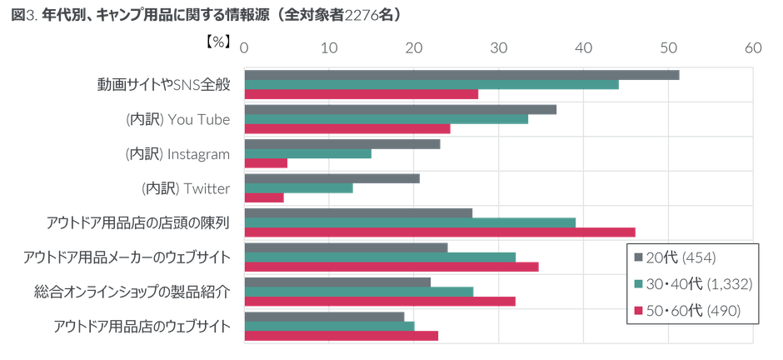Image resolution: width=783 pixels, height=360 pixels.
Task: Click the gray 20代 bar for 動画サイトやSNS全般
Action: (x=461, y=76)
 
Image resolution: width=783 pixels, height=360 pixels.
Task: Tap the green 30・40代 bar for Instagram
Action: (x=309, y=153)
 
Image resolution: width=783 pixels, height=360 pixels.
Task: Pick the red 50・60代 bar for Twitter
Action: (x=265, y=198)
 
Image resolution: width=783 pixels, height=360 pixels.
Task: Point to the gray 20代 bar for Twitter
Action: (x=332, y=177)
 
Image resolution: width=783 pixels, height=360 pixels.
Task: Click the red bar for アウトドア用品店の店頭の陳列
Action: (x=441, y=232)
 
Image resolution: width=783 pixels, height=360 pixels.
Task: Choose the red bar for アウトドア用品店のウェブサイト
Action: (x=342, y=336)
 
